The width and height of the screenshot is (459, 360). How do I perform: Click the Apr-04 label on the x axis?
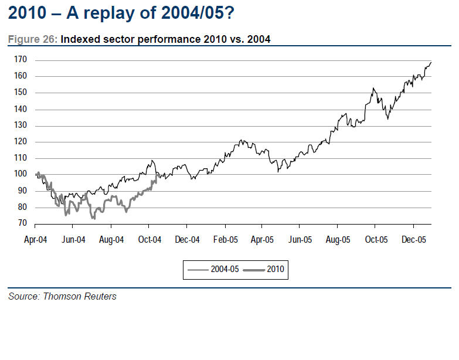pyautogui.click(x=36, y=239)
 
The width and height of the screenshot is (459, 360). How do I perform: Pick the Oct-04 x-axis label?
pyautogui.click(x=149, y=239)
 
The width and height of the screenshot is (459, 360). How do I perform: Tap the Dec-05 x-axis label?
pyautogui.click(x=414, y=239)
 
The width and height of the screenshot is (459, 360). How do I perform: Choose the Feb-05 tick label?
pyautogui.click(x=225, y=239)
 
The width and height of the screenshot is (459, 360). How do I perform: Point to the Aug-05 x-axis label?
pyautogui.click(x=338, y=239)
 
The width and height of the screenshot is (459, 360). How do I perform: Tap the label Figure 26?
pyautogui.click(x=32, y=40)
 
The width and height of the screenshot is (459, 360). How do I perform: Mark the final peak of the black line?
pyautogui.click(x=431, y=62)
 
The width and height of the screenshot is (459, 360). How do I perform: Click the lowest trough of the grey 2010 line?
pyautogui.click(x=93, y=218)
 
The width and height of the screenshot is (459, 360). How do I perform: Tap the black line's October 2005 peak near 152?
pyautogui.click(x=373, y=89)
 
